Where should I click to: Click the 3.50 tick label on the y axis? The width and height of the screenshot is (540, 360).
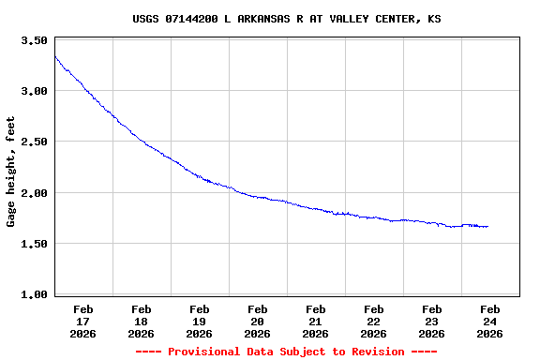(34, 41)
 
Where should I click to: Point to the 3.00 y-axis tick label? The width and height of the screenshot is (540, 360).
(34, 92)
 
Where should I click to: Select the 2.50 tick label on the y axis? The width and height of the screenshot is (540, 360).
(34, 142)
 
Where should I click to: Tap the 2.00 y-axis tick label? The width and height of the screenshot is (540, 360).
(34, 193)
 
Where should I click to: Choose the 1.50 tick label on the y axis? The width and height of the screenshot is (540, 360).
(34, 244)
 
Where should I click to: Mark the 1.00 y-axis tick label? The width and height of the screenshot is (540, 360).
(34, 294)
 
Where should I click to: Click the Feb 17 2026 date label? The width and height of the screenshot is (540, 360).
(83, 321)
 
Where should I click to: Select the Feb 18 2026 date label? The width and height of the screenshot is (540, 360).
(142, 321)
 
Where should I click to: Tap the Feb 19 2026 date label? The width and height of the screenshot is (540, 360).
(200, 321)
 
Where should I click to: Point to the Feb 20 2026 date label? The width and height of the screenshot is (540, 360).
(258, 321)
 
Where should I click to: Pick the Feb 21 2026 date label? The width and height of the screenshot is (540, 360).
(316, 321)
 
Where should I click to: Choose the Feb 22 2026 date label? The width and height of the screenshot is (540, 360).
(374, 321)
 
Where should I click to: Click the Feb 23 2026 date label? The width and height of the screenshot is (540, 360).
(432, 321)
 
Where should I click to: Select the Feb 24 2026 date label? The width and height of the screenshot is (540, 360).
(490, 321)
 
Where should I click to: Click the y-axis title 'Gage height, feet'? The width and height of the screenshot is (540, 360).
(11, 172)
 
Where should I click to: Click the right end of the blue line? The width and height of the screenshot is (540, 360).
(487, 226)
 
